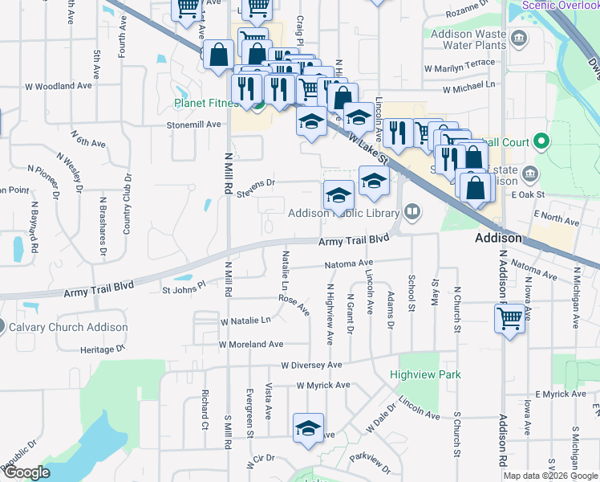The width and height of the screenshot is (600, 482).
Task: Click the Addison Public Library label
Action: (343, 214)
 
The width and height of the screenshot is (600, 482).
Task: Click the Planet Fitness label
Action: (207, 103)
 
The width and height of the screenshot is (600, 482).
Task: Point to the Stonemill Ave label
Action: (193, 125)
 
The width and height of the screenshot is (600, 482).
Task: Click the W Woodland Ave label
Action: (59, 86)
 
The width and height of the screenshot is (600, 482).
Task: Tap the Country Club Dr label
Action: (127, 204)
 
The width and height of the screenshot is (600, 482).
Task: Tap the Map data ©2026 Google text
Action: (550, 476)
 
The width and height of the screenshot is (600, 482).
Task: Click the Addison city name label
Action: (498, 239)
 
